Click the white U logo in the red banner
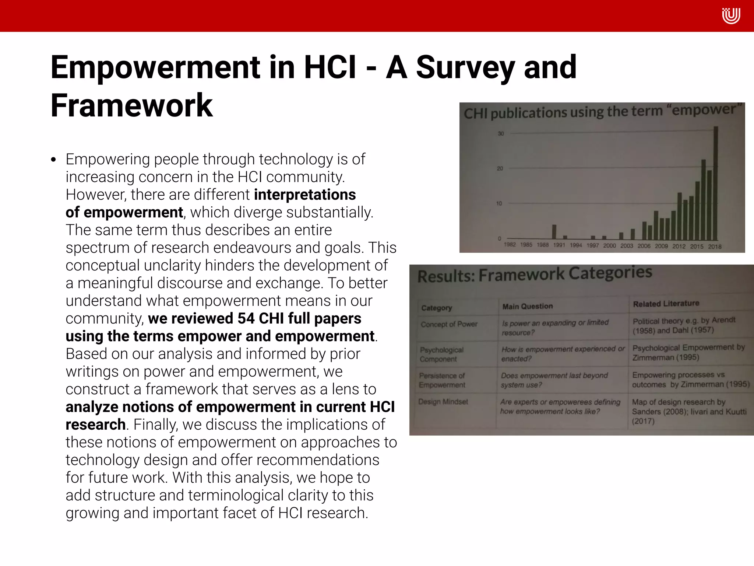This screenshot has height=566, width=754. coord(731,16)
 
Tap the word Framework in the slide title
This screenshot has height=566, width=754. coord(132,105)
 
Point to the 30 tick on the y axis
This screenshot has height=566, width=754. coord(501,134)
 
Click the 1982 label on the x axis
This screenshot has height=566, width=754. coord(510,245)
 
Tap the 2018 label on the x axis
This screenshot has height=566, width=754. coord(715,247)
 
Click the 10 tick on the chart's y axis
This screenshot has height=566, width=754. coord(499,203)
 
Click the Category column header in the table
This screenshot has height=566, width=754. coord(437,308)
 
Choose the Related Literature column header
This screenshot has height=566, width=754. coord(666,304)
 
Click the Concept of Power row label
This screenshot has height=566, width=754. coord(449,325)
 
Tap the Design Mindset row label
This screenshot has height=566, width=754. coord(443,402)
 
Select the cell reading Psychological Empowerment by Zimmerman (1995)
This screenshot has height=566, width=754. coord(688,353)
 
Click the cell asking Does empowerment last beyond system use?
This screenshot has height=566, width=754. coord(554,380)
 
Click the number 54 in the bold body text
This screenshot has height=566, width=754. coord(246,318)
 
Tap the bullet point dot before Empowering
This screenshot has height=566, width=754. coord(54,160)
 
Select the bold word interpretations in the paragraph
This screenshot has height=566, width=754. coord(305,195)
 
